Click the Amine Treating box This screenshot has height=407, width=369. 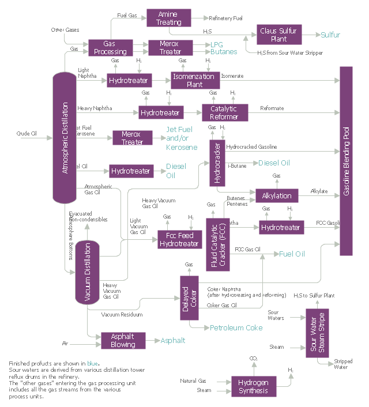click(x=168, y=17)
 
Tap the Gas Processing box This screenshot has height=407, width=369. click(x=110, y=47)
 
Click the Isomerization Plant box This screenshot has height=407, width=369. click(x=194, y=80)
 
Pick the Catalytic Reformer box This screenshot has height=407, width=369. click(x=224, y=112)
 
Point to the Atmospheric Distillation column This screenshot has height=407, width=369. click(x=65, y=137)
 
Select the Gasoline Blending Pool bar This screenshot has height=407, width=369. click(x=346, y=161)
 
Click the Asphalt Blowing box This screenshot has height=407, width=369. click(x=123, y=340)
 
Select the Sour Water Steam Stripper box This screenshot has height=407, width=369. click(x=317, y=333)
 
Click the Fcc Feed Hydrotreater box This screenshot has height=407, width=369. click(x=179, y=240)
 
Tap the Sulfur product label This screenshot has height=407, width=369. click(x=330, y=35)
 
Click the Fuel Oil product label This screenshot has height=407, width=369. click(x=292, y=253)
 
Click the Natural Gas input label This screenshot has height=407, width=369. click(x=193, y=380)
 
